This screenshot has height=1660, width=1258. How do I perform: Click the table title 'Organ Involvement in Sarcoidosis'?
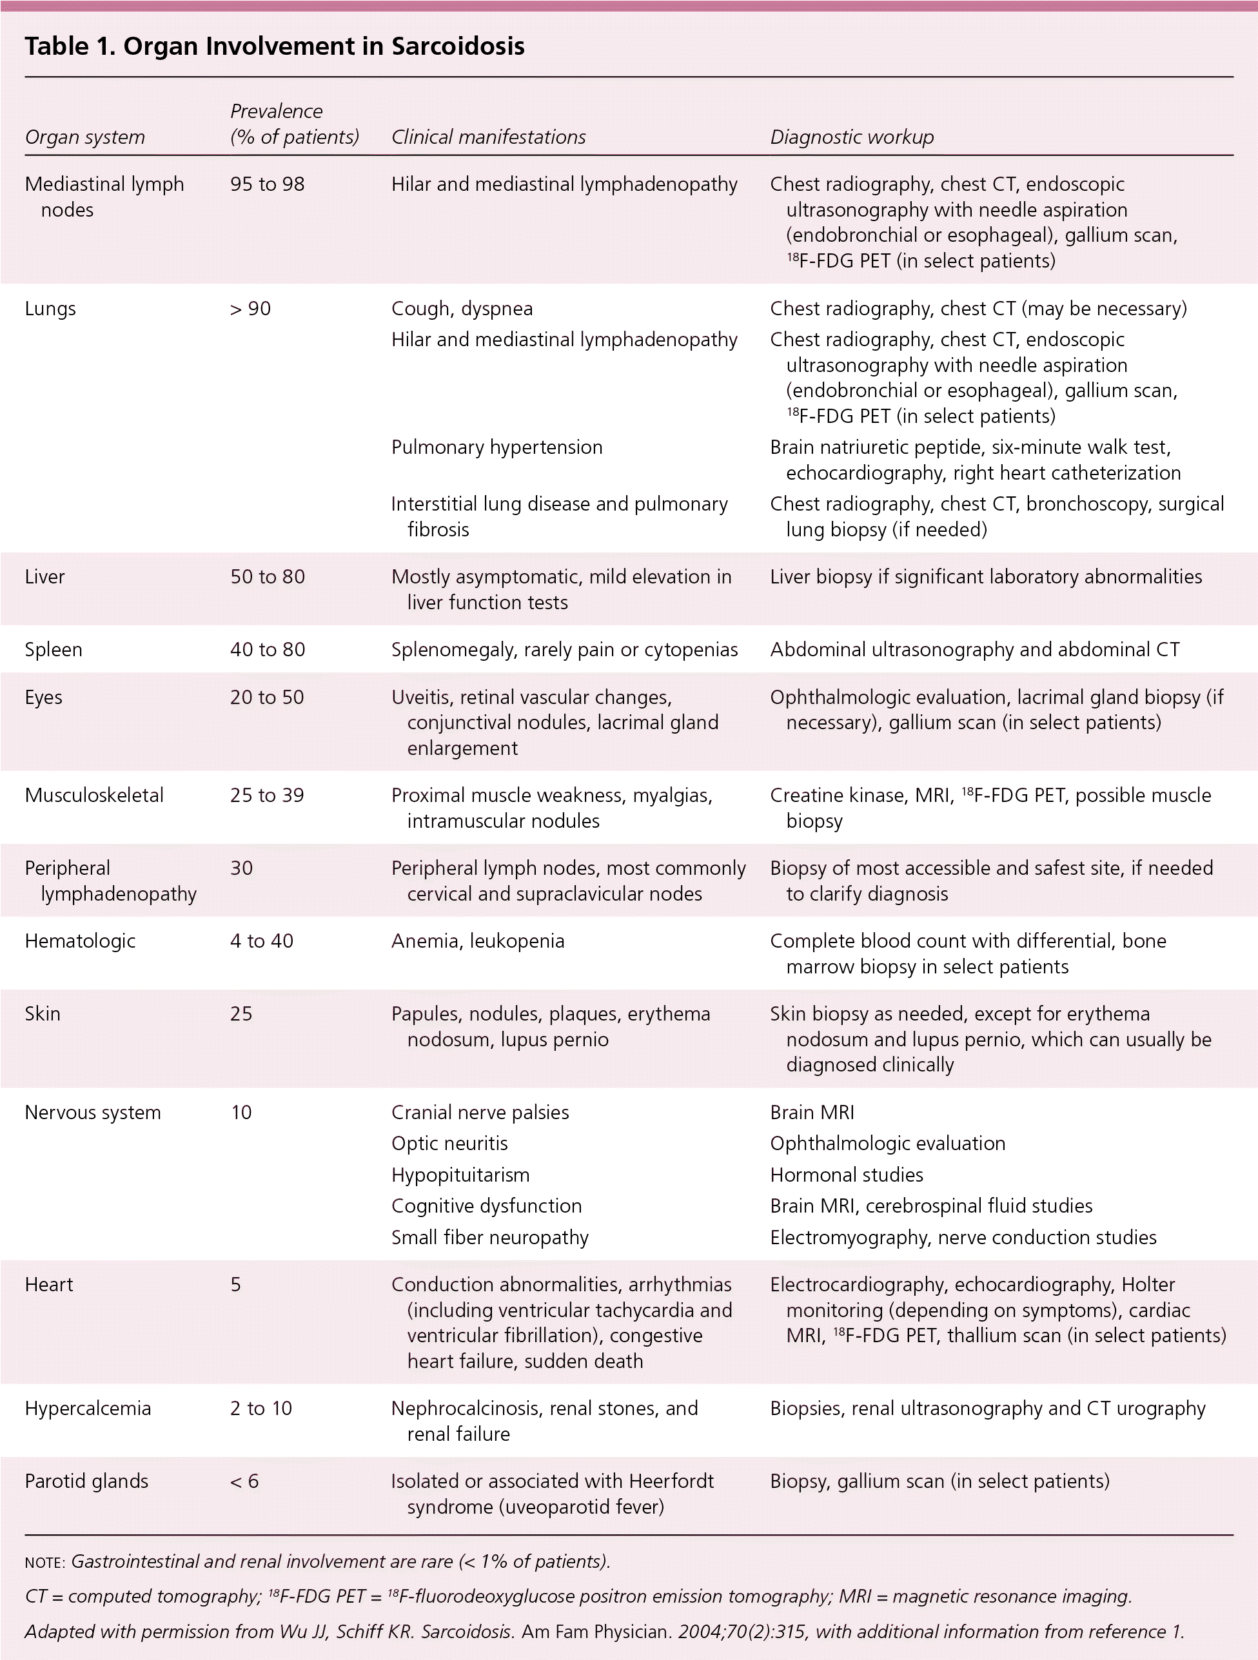tap(324, 46)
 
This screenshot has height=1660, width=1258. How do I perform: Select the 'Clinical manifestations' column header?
tap(488, 137)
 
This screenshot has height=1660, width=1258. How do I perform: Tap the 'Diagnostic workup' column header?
tap(851, 137)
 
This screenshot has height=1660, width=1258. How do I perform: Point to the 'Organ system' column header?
tap(85, 137)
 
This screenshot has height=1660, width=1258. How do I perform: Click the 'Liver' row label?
tap(45, 576)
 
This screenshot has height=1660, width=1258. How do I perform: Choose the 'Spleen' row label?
tap(54, 649)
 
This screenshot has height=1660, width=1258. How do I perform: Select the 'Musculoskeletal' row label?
tap(94, 795)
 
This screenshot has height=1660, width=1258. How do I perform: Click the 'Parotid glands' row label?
tap(86, 1481)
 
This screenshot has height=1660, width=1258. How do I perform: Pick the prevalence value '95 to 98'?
tap(267, 184)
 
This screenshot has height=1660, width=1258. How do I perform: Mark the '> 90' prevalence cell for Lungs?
tap(250, 308)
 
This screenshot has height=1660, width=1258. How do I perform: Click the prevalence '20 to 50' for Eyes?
tap(267, 696)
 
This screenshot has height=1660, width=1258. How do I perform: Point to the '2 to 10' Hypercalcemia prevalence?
tap(260, 1408)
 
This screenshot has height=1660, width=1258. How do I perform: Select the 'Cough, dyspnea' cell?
tap(462, 308)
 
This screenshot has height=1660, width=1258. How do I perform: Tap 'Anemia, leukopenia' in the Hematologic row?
tap(477, 941)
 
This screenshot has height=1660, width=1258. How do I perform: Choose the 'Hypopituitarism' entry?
tap(460, 1175)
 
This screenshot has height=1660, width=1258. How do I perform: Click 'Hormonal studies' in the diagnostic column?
tap(846, 1175)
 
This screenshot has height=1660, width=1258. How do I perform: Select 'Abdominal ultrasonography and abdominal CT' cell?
tap(974, 649)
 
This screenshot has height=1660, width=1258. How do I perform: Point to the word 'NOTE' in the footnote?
tap(44, 1562)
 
